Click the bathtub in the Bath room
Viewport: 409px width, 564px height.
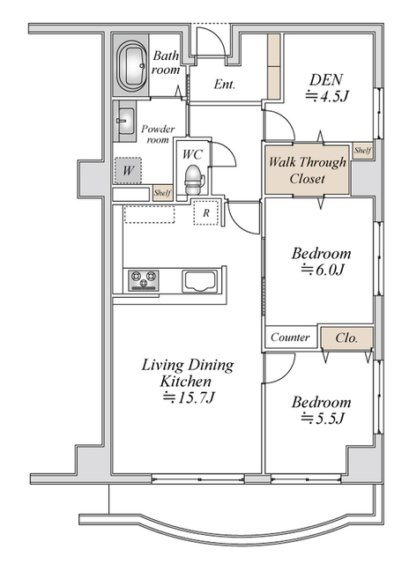point(131,65)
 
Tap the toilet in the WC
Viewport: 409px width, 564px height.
point(194,179)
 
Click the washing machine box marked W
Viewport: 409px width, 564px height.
point(128,170)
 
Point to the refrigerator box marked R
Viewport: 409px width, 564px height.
point(206,212)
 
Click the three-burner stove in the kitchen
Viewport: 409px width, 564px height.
point(144,280)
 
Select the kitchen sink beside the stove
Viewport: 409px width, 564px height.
point(199,281)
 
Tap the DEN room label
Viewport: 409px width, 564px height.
point(326,80)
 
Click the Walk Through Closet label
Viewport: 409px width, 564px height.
point(308,170)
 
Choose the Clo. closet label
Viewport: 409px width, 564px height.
point(346,338)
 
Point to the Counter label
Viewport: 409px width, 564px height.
point(290,337)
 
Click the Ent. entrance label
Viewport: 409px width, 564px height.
point(225,85)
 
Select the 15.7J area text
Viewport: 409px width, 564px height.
point(189,397)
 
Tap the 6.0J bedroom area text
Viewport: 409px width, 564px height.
point(323,269)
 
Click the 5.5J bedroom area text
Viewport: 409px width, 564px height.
point(323,418)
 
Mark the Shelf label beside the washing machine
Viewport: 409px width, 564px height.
point(162,193)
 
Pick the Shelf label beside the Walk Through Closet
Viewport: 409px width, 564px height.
point(362,151)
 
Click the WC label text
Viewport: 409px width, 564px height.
point(192,155)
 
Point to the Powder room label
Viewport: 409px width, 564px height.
point(158,134)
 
